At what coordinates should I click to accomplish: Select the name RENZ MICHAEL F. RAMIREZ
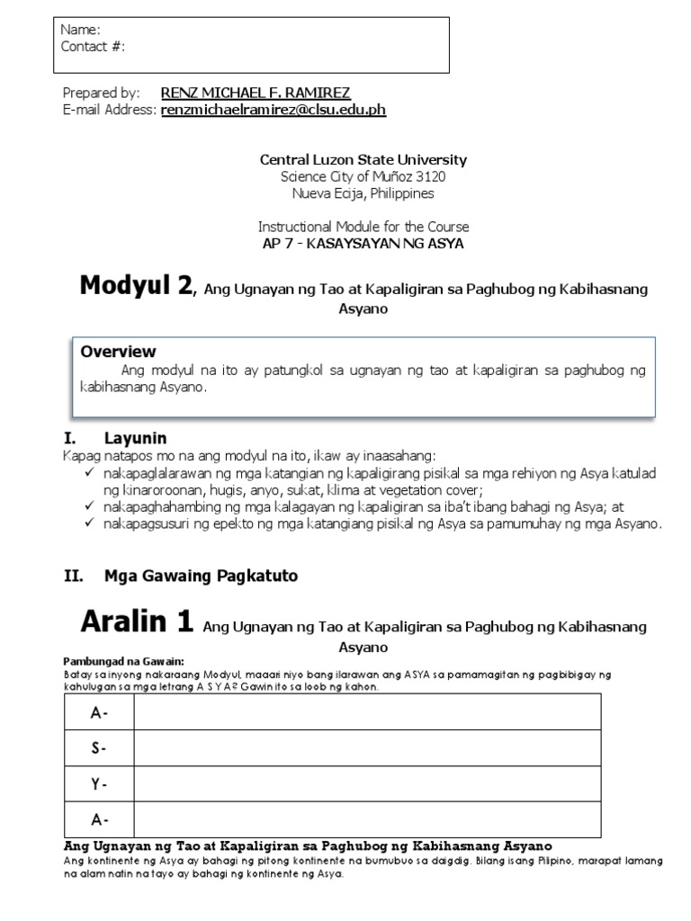pyautogui.click(x=255, y=93)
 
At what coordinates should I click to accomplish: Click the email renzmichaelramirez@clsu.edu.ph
pyautogui.click(x=274, y=110)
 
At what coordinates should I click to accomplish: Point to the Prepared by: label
pyautogui.click(x=101, y=93)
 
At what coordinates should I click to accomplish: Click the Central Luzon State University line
pyautogui.click(x=363, y=160)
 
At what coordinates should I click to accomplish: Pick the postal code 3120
pyautogui.click(x=429, y=176)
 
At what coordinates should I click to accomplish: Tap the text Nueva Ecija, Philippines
pyautogui.click(x=363, y=192)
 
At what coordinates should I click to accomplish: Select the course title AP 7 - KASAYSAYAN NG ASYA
pyautogui.click(x=363, y=244)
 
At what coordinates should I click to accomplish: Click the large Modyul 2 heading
pyautogui.click(x=136, y=286)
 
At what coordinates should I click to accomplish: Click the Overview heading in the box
pyautogui.click(x=118, y=352)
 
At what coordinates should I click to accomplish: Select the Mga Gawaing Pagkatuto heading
pyautogui.click(x=185, y=575)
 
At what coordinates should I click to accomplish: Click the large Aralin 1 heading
pyautogui.click(x=136, y=621)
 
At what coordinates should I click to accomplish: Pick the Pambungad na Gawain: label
pyautogui.click(x=110, y=661)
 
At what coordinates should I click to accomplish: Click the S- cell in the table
pyautogui.click(x=98, y=747)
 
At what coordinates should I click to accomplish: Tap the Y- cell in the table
pyautogui.click(x=98, y=783)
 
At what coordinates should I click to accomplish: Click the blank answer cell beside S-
pyautogui.click(x=367, y=747)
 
